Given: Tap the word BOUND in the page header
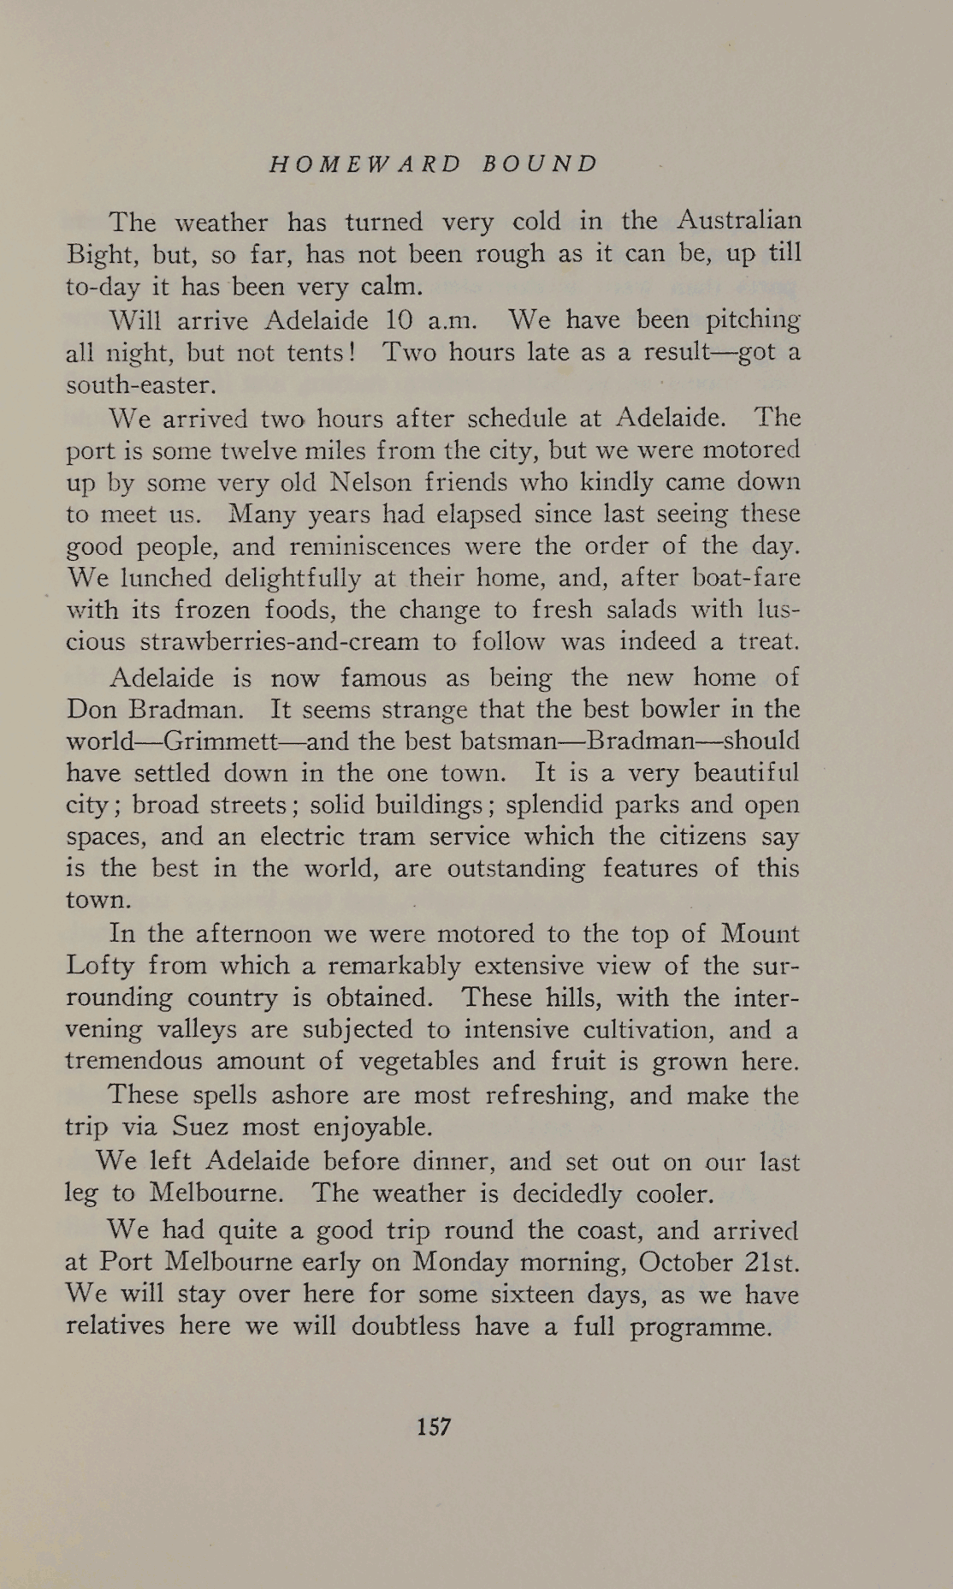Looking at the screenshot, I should pyautogui.click(x=539, y=164).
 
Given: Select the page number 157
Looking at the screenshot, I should pyautogui.click(x=434, y=1426).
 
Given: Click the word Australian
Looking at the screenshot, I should pyautogui.click(x=739, y=221).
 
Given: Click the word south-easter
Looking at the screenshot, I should pyautogui.click(x=137, y=384).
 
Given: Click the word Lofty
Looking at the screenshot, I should pyautogui.click(x=100, y=966).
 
